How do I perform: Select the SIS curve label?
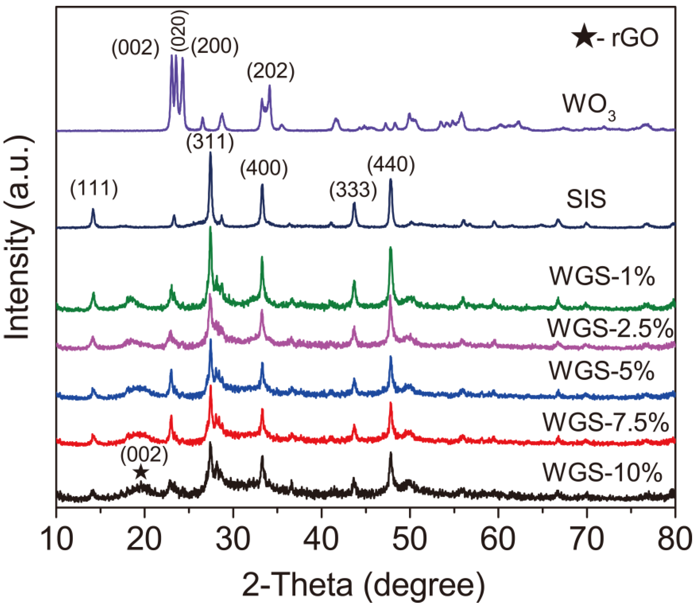click(x=586, y=199)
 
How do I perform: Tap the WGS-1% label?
click(x=602, y=277)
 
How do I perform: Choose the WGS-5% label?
click(x=601, y=371)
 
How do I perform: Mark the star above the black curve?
click(x=141, y=472)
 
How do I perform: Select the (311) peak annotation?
click(x=210, y=142)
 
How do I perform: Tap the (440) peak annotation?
click(x=391, y=166)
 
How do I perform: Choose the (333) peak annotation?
click(x=353, y=190)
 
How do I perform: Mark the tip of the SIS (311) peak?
click(x=210, y=153)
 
